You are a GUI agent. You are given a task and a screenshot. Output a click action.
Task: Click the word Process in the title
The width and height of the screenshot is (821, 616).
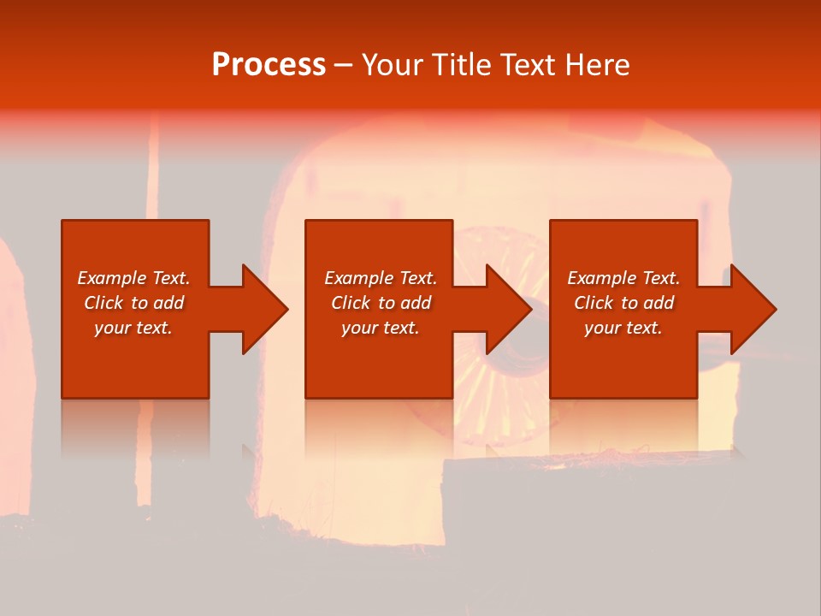point(269,65)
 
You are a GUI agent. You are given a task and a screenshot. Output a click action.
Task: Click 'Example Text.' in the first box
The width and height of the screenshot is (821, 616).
point(133,278)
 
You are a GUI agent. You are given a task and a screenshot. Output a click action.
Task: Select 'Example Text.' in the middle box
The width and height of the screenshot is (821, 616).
point(380,278)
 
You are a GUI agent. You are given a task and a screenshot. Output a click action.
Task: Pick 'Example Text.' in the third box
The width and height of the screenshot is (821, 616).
point(623,278)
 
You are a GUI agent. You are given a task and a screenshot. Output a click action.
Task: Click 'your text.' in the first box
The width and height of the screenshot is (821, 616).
point(133,328)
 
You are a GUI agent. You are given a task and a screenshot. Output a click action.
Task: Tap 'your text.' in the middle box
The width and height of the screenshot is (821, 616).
point(380,328)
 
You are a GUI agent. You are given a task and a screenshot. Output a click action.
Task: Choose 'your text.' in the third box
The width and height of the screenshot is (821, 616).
point(623,328)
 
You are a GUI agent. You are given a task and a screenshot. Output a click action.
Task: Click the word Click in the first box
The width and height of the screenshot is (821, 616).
point(103,303)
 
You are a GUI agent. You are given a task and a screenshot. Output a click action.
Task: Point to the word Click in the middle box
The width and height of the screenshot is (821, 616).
point(350,303)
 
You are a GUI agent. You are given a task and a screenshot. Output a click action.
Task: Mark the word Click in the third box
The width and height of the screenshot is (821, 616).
point(594,303)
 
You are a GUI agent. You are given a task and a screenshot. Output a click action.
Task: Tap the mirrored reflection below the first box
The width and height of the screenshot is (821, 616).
point(135,428)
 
